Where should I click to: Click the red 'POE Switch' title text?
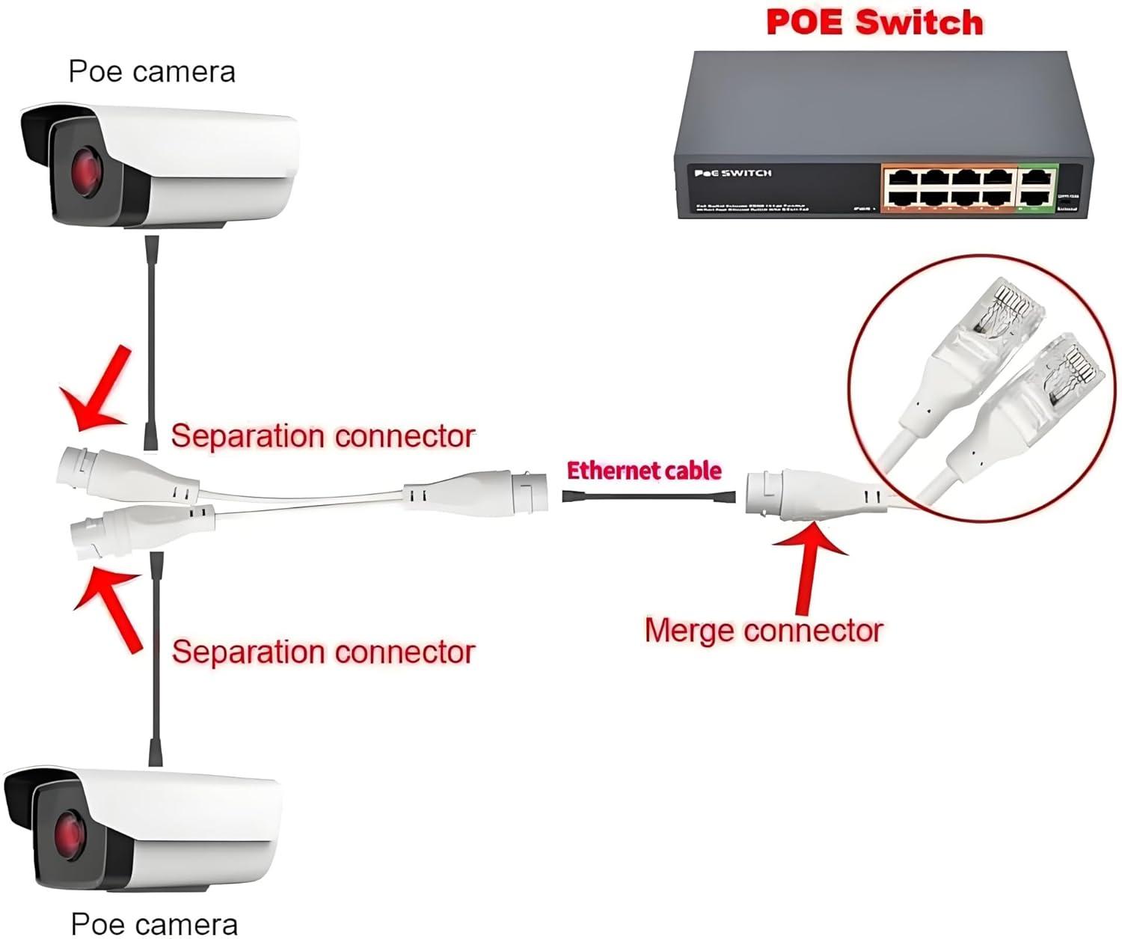pos(874,22)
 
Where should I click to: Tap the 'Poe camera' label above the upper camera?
pos(152,72)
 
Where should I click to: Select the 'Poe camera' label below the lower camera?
pos(154,924)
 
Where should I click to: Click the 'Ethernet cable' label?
pos(644,471)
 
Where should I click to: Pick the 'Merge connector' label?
pos(763,631)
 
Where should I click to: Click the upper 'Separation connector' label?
pos(322,435)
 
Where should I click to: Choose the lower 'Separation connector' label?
pos(323,652)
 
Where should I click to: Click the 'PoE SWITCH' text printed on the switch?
pos(733,174)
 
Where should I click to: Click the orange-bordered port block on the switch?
pos(948,188)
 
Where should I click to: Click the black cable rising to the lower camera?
pos(156,658)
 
